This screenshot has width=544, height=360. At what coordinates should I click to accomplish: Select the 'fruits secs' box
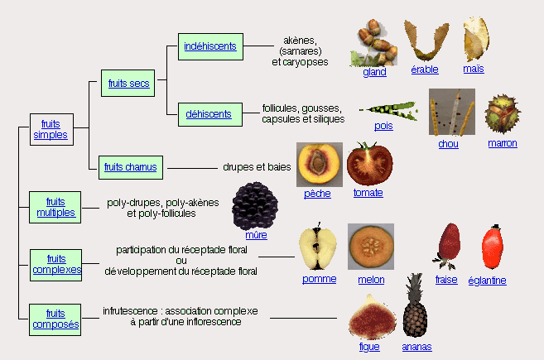[128, 83]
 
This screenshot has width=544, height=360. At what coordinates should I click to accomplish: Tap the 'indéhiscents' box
[210, 46]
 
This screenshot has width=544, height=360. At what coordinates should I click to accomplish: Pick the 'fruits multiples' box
[55, 207]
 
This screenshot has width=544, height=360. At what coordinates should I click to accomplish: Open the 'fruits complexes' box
[56, 264]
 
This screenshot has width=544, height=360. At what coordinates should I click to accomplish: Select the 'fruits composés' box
[55, 319]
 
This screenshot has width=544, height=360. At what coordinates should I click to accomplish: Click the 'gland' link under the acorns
[374, 72]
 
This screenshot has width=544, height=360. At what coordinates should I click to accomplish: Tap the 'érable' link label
[425, 70]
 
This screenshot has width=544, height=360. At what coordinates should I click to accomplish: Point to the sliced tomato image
[368, 163]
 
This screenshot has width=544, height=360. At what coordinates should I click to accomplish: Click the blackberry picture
[255, 205]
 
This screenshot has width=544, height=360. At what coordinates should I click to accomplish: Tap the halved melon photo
[370, 246]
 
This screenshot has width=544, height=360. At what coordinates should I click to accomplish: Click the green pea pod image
[387, 109]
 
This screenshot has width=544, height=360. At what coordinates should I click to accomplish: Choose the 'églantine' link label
[487, 281]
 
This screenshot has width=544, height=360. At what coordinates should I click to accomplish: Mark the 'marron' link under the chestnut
[502, 143]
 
